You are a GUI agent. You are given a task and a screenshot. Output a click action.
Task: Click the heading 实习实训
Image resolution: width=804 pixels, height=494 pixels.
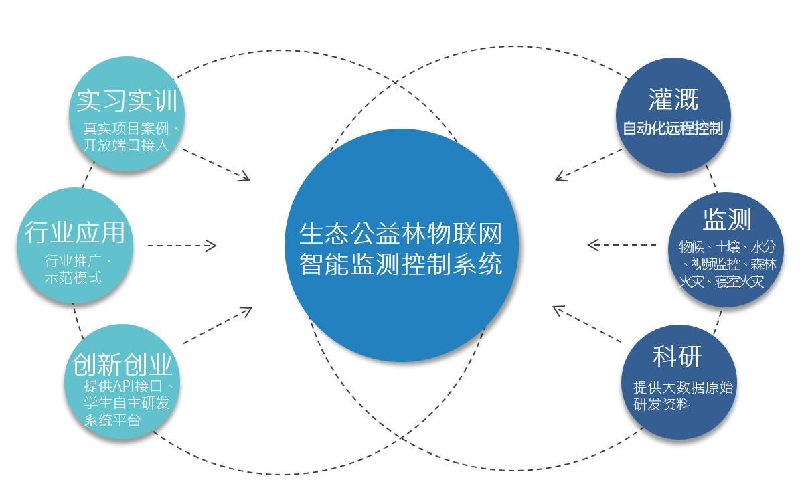click(x=127, y=100)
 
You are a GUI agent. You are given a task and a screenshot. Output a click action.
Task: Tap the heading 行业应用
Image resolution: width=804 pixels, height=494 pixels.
click(x=75, y=232)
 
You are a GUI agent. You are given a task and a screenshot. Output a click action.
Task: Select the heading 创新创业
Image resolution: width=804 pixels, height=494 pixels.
click(x=123, y=364)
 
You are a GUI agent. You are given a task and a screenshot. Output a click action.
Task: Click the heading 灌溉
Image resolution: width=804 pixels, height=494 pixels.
click(x=673, y=100)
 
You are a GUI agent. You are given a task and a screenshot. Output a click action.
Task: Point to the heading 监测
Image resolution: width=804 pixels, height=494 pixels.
click(x=727, y=219)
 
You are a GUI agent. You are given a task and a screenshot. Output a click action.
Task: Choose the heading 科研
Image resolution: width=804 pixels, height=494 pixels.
click(x=677, y=357)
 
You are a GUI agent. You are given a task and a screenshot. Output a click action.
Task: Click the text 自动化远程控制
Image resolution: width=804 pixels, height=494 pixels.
click(x=673, y=128)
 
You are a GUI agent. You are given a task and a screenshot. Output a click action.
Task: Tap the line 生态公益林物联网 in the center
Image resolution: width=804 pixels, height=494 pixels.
click(x=400, y=234)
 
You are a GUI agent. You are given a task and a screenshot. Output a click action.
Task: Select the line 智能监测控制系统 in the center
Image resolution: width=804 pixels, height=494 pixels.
click(x=400, y=264)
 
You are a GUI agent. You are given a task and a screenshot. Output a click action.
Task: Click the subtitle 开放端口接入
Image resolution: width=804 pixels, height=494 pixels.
click(x=126, y=145)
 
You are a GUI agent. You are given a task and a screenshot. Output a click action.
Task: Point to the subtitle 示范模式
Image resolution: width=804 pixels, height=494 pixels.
click(x=73, y=278)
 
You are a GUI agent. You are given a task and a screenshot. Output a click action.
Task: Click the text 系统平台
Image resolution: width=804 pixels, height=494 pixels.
click(x=112, y=420)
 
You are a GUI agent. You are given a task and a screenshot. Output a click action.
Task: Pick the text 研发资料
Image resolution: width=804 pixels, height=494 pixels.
click(x=662, y=404)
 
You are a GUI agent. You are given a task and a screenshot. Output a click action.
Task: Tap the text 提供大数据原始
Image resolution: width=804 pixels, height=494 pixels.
click(x=684, y=388)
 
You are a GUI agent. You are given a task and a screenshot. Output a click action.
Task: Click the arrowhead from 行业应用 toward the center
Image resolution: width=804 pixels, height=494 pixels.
click(x=212, y=246)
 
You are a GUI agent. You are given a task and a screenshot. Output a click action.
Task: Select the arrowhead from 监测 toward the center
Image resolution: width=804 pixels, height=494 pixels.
click(x=593, y=245)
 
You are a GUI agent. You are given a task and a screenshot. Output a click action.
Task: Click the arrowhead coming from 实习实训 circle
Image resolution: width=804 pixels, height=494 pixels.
click(x=244, y=176)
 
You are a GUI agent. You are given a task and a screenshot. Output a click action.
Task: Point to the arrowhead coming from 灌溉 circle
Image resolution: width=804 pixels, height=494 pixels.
click(x=560, y=176)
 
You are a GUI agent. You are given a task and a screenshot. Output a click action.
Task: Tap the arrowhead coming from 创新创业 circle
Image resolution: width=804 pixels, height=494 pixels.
click(x=246, y=311)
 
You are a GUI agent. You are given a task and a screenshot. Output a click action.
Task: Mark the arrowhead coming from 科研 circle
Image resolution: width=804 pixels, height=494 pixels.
click(x=558, y=310)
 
